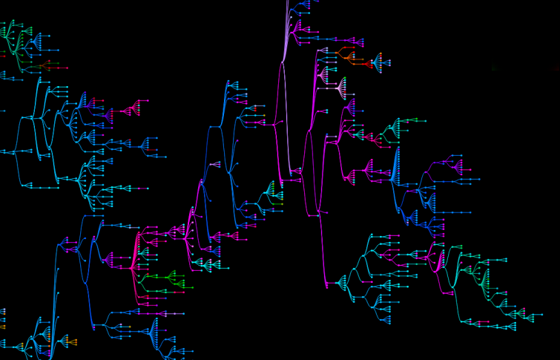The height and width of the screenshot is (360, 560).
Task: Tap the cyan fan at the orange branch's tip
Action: (x=379, y=62)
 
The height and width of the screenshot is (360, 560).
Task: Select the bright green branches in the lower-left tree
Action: (x=167, y=280)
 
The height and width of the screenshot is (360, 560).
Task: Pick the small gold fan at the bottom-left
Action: (x=68, y=341)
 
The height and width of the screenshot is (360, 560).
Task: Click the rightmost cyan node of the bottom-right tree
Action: (x=541, y=315)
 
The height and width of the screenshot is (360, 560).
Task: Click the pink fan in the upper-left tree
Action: (x=131, y=110)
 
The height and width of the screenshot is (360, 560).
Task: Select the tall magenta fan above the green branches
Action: (x=136, y=251)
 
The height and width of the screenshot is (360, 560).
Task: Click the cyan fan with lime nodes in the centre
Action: (x=270, y=194)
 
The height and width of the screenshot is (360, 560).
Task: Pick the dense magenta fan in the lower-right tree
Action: (x=439, y=259)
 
